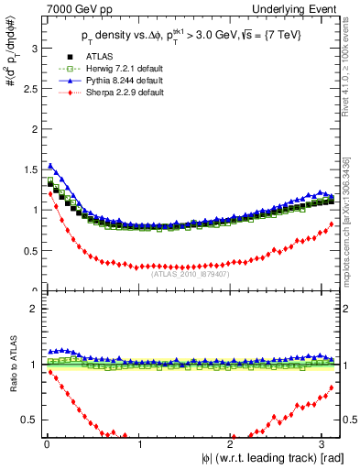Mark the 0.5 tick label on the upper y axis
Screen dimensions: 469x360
pyautogui.click(x=27, y=251)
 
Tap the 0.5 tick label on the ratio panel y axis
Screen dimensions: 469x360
pyautogui.click(x=27, y=420)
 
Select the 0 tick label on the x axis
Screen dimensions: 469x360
pyautogui.click(x=47, y=445)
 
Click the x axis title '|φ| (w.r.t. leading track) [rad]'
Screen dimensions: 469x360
pyautogui.click(x=266, y=459)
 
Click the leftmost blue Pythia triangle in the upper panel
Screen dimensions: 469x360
pyautogui.click(x=49, y=165)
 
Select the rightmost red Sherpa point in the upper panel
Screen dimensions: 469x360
pyautogui.click(x=331, y=224)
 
